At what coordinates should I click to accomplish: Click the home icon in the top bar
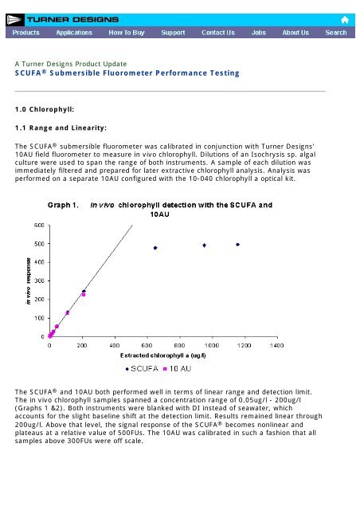[345, 18]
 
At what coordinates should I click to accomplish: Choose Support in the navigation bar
[174, 33]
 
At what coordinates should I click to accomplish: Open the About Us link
[295, 33]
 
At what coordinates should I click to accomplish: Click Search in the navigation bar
[335, 33]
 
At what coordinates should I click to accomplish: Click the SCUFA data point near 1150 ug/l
[237, 244]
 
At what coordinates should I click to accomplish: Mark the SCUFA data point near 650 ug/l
[155, 248]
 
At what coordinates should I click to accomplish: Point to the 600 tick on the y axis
[38, 226]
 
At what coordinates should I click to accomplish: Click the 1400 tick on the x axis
[276, 346]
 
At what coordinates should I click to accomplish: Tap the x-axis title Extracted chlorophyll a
[160, 355]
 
